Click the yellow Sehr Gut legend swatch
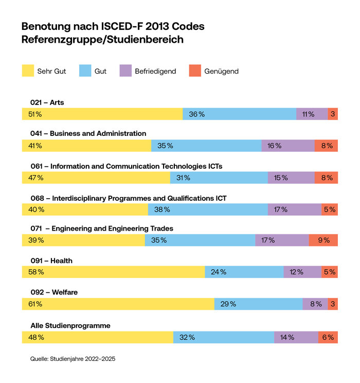(28, 71)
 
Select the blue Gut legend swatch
(85, 71)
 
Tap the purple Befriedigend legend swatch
(125, 71)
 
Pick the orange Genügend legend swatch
(195, 71)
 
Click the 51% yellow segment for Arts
(102, 114)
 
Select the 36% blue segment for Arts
(239, 114)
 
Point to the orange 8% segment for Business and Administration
(326, 146)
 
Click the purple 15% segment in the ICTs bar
(291, 178)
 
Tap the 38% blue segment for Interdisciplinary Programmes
(208, 210)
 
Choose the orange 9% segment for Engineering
(323, 240)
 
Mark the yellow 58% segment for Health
(113, 272)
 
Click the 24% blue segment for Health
(244, 272)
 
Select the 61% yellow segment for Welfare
(118, 304)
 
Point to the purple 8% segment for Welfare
(315, 304)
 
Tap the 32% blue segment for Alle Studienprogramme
(224, 337)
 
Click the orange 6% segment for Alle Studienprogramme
(328, 337)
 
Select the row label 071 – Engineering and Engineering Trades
(101, 229)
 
